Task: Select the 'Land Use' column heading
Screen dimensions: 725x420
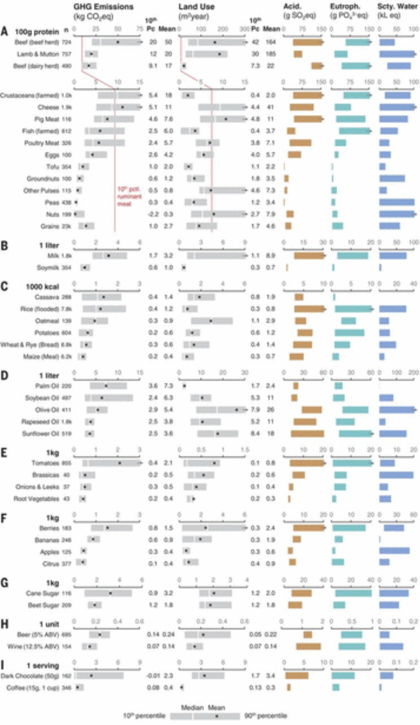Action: (x=196, y=7)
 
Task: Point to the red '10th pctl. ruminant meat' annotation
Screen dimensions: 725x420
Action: (x=129, y=196)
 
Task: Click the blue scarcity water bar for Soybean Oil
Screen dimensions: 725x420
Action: (x=386, y=398)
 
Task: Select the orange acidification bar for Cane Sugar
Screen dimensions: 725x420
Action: (x=302, y=593)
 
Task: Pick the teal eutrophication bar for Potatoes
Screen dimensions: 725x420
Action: (x=349, y=333)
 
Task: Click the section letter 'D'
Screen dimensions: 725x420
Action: (x=4, y=376)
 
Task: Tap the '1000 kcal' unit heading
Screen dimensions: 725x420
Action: (x=42, y=287)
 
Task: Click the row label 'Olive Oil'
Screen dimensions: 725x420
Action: (x=48, y=410)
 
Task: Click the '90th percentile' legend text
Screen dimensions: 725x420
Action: (x=266, y=716)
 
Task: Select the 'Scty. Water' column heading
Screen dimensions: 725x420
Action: (x=397, y=7)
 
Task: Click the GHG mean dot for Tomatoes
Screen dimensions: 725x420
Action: (x=119, y=463)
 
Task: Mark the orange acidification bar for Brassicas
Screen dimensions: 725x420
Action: (x=299, y=475)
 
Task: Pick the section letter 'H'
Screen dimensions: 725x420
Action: (x=5, y=624)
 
